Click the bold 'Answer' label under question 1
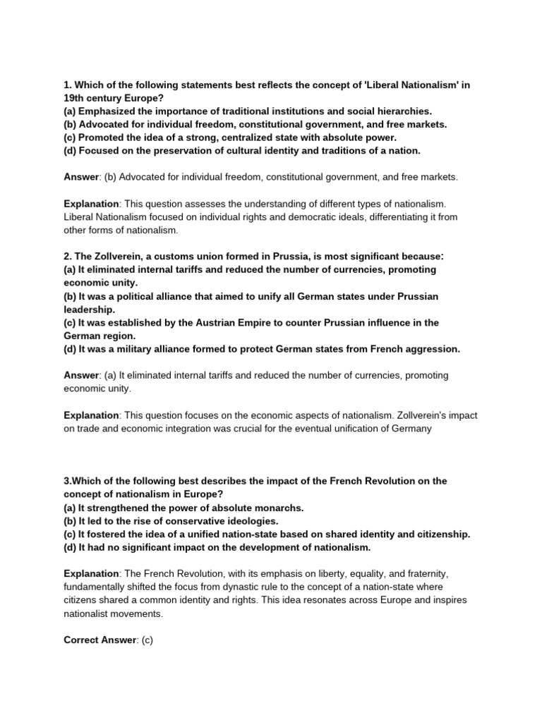coord(82,177)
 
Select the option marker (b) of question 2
coord(71,296)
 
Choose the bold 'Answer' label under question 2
coord(82,375)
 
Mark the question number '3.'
coord(68,481)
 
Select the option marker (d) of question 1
coord(71,151)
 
